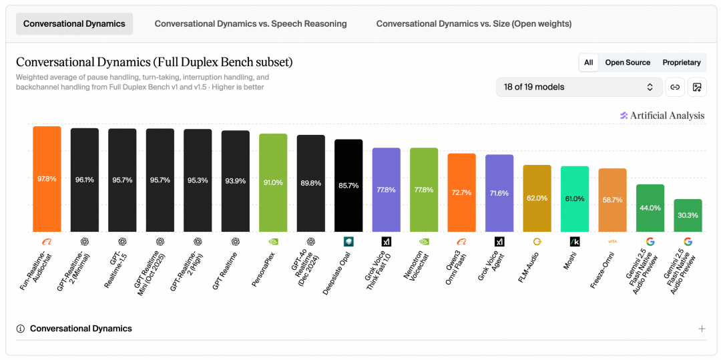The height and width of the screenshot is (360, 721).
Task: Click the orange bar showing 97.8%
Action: click(47, 179)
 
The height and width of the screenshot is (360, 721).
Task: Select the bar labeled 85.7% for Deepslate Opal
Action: click(348, 185)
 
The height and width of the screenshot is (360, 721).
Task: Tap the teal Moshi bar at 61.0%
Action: click(575, 198)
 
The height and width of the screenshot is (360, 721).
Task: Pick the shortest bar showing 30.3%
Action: click(688, 215)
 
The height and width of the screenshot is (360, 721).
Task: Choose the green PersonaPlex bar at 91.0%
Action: click(273, 182)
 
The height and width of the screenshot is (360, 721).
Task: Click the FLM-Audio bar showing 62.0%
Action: click(537, 198)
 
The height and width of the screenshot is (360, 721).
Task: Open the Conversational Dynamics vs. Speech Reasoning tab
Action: click(250, 24)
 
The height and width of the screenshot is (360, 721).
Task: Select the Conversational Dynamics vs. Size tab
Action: click(473, 24)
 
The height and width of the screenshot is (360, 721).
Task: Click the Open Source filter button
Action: click(628, 63)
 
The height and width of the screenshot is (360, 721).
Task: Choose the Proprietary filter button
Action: click(682, 63)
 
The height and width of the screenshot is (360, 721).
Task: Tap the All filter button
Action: click(589, 63)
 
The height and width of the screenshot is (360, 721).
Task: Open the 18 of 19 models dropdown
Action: click(579, 87)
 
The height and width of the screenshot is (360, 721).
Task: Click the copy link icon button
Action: click(675, 87)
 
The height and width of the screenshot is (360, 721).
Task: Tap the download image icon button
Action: click(696, 87)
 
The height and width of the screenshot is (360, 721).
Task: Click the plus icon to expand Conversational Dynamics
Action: click(702, 329)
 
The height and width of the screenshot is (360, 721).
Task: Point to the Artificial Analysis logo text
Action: click(667, 116)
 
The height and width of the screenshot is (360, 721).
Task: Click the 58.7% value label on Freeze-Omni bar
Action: click(612, 200)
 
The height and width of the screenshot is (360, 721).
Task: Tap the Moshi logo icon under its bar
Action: click(575, 241)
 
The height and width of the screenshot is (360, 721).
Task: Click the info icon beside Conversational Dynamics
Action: click(20, 329)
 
